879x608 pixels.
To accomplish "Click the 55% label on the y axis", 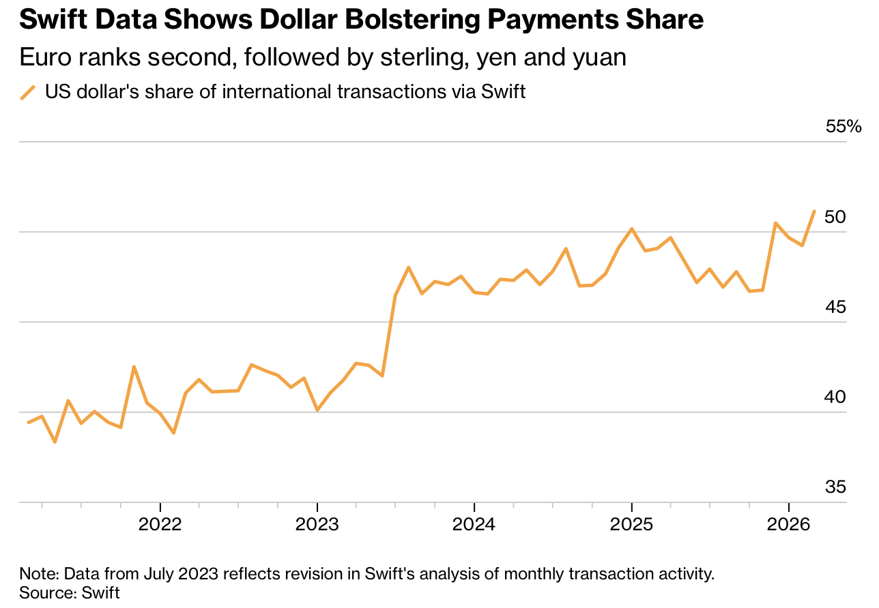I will pos(844,127).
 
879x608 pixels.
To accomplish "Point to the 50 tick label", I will pos(835,217).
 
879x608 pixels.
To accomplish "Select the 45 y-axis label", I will pos(835,307).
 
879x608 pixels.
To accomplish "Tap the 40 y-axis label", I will pos(835,397).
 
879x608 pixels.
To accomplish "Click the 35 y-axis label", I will pos(835,487).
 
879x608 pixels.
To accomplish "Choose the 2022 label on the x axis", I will pos(160,525).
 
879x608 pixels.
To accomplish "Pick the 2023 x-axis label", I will pos(317,525).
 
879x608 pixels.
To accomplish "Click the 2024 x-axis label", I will pos(474,525).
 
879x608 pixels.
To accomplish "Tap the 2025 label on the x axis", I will pos(632,525).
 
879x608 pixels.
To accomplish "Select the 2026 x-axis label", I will pos(789,525).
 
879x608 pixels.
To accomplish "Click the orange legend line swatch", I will pos(28,92).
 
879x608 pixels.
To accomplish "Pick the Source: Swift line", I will pos(70,592).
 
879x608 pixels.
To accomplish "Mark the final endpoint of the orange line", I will pos(815,211).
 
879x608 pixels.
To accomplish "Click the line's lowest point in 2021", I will pos(55,442).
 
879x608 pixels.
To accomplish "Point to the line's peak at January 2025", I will pos(632,228).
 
